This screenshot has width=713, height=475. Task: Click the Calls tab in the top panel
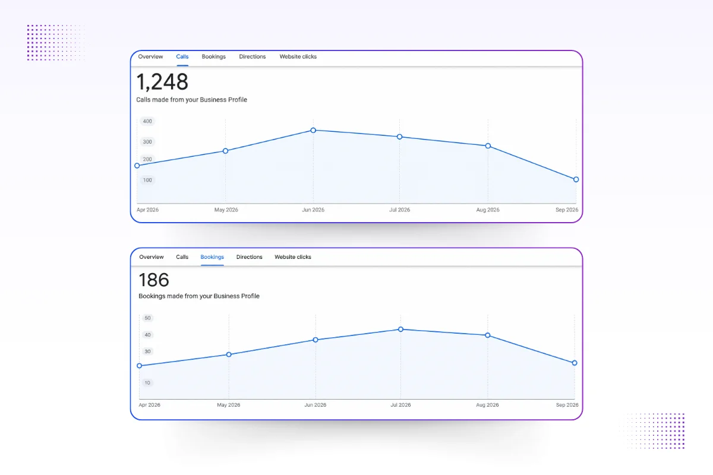pyautogui.click(x=182, y=56)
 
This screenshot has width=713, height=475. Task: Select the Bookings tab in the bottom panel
pyautogui.click(x=212, y=257)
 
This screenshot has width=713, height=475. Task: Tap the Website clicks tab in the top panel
pyautogui.click(x=298, y=56)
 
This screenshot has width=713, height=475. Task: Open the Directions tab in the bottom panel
pyautogui.click(x=249, y=257)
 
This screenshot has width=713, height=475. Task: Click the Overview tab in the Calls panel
pyautogui.click(x=150, y=56)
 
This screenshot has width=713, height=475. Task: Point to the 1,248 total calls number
pyautogui.click(x=162, y=82)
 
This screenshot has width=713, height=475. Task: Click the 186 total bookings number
pyautogui.click(x=154, y=280)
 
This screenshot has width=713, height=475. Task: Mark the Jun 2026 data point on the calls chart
pyautogui.click(x=313, y=130)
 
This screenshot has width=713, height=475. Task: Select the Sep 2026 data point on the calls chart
pyautogui.click(x=576, y=179)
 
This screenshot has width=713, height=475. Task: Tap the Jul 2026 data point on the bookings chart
pyautogui.click(x=400, y=330)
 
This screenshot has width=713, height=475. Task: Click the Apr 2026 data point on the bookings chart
pyautogui.click(x=140, y=366)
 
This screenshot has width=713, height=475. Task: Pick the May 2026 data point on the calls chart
pyautogui.click(x=225, y=151)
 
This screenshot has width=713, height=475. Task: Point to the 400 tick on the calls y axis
pyautogui.click(x=147, y=121)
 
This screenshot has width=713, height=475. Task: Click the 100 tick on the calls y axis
pyautogui.click(x=147, y=180)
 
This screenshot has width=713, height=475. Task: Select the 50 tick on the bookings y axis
pyautogui.click(x=147, y=318)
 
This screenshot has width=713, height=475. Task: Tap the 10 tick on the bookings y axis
pyautogui.click(x=147, y=383)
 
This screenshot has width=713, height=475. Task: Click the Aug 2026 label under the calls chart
pyautogui.click(x=488, y=210)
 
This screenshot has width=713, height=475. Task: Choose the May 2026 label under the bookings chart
pyautogui.click(x=229, y=405)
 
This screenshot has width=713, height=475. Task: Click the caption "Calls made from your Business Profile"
pyautogui.click(x=191, y=100)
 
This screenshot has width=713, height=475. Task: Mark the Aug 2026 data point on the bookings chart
pyautogui.click(x=488, y=335)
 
